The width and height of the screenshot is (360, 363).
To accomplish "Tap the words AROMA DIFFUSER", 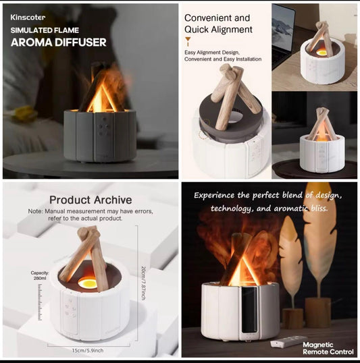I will click(x=57, y=42).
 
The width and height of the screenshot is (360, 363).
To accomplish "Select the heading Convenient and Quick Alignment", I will click(x=217, y=24).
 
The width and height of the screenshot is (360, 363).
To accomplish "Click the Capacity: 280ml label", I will click(x=39, y=275).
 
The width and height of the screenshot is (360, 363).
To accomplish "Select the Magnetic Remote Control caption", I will click(x=328, y=348).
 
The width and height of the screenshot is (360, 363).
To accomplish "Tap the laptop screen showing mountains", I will click(x=284, y=33).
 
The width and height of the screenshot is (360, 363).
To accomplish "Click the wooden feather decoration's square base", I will click(x=317, y=311).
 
